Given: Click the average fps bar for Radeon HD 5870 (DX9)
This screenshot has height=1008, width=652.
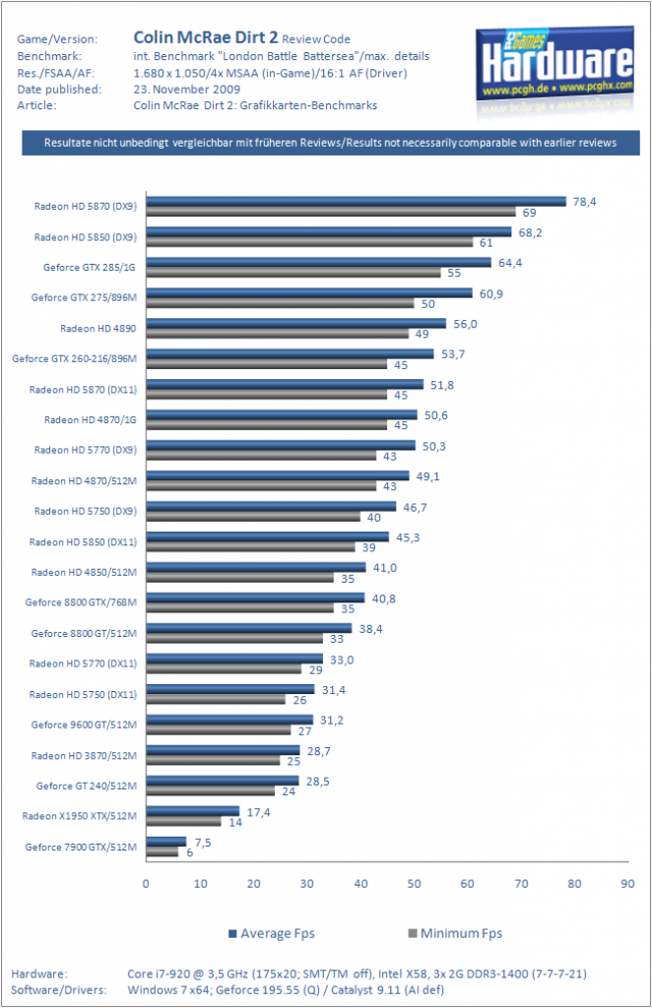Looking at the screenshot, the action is click(x=357, y=201).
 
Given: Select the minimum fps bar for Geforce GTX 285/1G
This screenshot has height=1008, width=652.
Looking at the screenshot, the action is click(x=293, y=273).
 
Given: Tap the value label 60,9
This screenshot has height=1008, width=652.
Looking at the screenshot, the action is click(x=491, y=293).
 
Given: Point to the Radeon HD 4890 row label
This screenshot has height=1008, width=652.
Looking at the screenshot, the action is click(x=98, y=329).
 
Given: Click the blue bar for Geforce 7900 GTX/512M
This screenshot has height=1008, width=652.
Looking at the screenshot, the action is click(x=166, y=842).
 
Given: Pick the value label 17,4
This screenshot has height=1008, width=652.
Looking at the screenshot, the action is click(x=258, y=812).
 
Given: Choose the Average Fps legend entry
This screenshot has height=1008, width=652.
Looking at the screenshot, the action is click(x=272, y=933).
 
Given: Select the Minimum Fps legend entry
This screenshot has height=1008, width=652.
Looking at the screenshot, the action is click(x=455, y=933).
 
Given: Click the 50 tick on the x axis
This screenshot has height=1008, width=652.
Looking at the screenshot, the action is click(x=414, y=884).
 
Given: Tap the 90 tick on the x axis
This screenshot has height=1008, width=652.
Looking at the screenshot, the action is click(x=627, y=884).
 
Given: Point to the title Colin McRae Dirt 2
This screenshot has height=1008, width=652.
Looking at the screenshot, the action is click(x=206, y=37).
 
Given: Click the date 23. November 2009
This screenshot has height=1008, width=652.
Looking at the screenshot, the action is click(x=187, y=90).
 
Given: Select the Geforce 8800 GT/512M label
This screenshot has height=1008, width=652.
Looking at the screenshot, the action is click(x=85, y=633).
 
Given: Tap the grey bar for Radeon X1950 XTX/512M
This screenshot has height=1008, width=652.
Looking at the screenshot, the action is click(x=184, y=822).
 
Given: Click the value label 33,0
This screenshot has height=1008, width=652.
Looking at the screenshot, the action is click(x=342, y=661).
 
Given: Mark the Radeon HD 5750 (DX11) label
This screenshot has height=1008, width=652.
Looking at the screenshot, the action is click(x=83, y=694).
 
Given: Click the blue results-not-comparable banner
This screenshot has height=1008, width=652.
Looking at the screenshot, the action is click(x=331, y=143).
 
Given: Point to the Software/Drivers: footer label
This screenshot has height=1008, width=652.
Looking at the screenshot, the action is click(x=59, y=990).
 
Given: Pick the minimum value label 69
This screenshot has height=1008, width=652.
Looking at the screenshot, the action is click(x=529, y=213).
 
